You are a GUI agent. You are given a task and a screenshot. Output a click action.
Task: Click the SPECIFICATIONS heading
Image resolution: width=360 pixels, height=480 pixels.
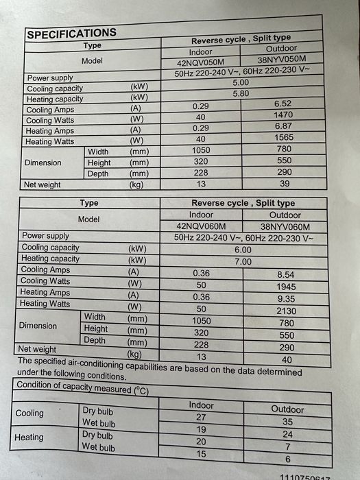point(71,33)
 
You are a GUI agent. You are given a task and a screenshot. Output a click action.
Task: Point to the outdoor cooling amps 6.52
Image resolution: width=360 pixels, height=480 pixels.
point(283,104)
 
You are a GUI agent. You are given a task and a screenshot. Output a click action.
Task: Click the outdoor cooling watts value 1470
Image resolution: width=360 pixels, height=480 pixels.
point(283,115)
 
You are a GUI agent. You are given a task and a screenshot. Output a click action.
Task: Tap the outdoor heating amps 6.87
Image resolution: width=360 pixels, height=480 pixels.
point(283,126)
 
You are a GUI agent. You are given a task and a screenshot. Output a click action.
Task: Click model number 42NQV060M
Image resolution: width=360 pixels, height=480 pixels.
point(200,226)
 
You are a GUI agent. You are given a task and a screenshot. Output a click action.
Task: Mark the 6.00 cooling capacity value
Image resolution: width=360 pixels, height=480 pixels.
point(243,250)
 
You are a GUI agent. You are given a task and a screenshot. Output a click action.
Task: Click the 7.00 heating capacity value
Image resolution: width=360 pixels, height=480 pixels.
point(243,262)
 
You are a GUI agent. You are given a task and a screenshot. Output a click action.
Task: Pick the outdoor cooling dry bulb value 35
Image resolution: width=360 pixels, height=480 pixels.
point(287,422)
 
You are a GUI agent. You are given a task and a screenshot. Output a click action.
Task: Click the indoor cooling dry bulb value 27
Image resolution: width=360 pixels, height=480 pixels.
point(201,417)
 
